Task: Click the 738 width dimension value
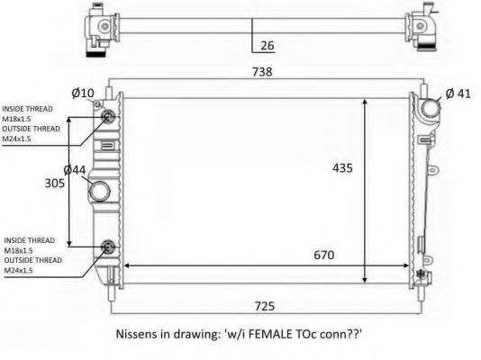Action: [262, 71]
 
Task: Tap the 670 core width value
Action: [324, 255]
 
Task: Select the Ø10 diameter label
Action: [83, 93]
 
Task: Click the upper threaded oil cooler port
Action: [109, 116]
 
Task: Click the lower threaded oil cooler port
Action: [109, 247]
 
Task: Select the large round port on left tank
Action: [99, 192]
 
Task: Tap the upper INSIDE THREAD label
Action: [28, 109]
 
